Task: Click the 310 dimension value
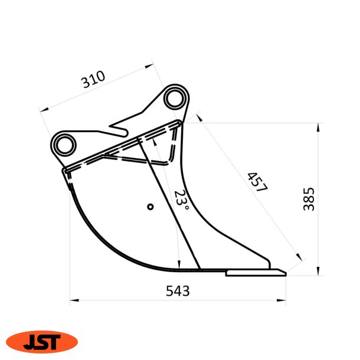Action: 93,80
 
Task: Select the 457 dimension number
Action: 257,182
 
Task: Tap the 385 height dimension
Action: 309,199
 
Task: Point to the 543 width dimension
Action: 178,291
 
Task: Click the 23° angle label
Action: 181,199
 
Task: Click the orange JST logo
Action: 42,342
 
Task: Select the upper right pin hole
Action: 175,99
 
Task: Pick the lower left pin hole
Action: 65,145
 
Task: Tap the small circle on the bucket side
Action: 150,207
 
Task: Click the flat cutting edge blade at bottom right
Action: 256,273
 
